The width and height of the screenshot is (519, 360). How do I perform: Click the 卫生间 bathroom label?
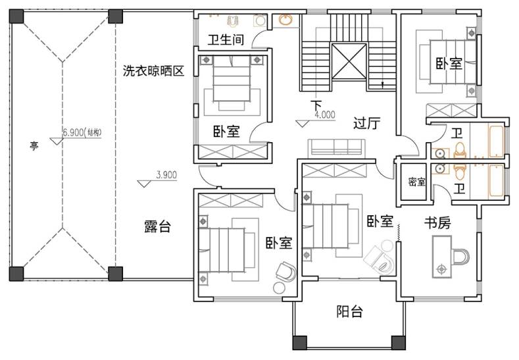point(226,39)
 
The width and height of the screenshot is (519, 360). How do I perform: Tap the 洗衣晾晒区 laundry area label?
point(153,70)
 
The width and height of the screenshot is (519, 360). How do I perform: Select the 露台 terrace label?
point(157,226)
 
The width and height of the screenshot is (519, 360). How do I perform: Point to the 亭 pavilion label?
point(34,145)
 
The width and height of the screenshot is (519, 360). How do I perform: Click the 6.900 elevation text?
point(73,132)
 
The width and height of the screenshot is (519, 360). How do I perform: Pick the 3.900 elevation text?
point(166,175)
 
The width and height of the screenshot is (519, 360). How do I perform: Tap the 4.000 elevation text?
point(325,115)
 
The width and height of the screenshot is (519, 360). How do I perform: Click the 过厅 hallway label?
point(367,123)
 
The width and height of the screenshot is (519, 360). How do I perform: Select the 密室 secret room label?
point(417,182)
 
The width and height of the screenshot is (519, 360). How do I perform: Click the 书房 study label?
point(437,223)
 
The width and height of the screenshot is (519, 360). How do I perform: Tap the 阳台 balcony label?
point(349,312)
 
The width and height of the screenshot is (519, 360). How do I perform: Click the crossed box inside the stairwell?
point(349,62)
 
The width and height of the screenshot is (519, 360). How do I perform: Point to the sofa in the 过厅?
point(337,148)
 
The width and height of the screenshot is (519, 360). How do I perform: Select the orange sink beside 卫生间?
point(285,20)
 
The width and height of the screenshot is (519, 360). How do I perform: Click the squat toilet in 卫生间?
point(233,21)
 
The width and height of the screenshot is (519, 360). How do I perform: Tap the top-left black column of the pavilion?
point(16,16)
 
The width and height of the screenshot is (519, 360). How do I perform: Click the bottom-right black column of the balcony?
point(399,343)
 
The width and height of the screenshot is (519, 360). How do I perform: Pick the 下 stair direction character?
point(316,105)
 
